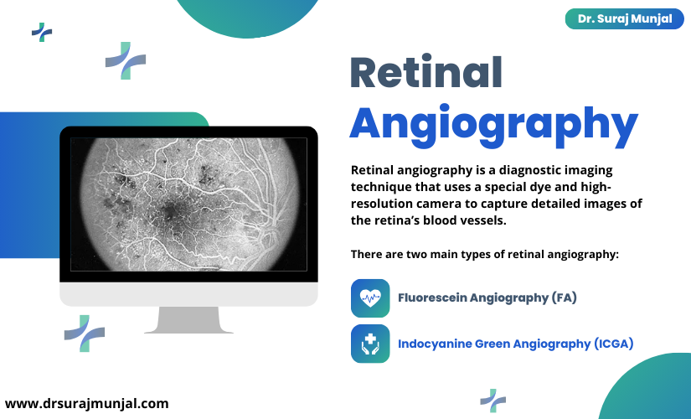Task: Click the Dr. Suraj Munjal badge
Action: pos(625,19)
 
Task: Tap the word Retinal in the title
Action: pos(426,73)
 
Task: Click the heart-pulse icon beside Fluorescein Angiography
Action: pos(370,298)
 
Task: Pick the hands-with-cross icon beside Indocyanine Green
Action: pos(370,344)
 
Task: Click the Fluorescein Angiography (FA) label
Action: pos(487,297)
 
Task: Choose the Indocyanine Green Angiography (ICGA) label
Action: pos(516,344)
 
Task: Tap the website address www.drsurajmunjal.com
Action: pos(87,403)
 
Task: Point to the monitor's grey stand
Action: pos(188,320)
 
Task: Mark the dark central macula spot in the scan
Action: pos(171,213)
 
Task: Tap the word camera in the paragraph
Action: pos(436,204)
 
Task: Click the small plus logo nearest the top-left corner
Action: pos(42,32)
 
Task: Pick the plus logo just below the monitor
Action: pos(85,334)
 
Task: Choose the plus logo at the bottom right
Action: pos(493,401)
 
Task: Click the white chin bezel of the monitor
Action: pos(188,294)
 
